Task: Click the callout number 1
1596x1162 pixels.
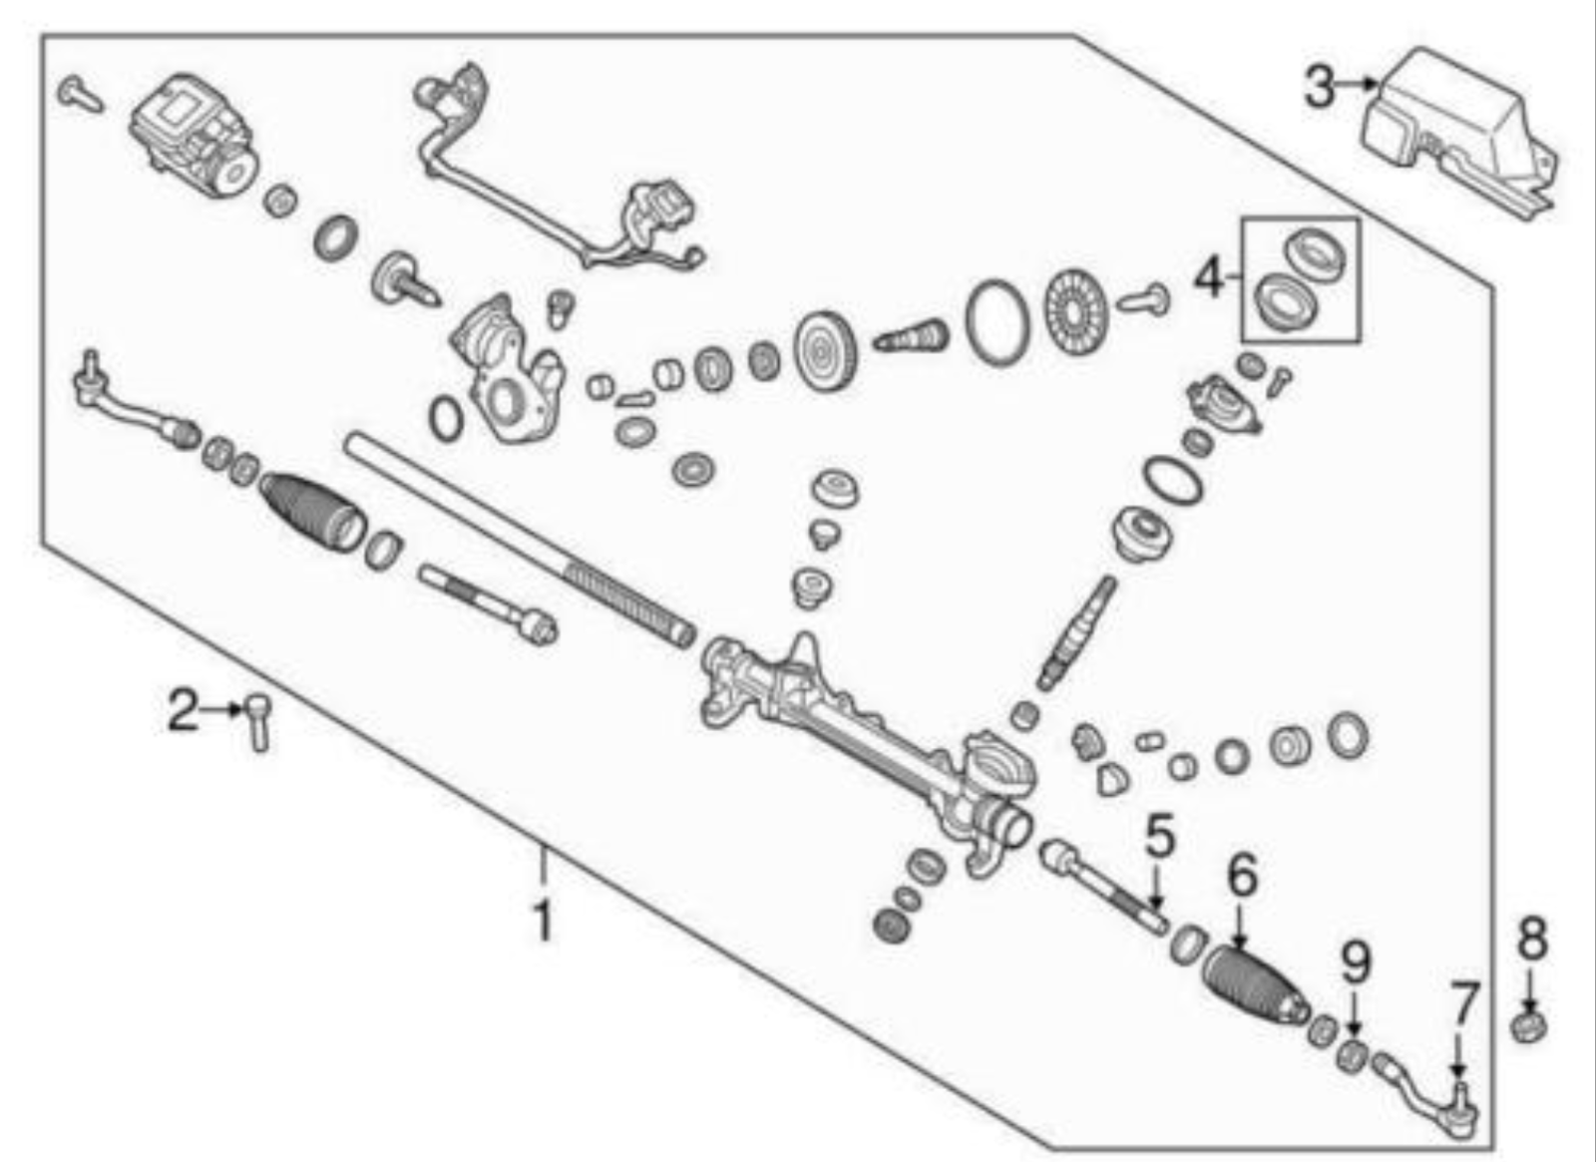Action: pyautogui.click(x=543, y=921)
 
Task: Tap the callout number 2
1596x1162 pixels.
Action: pyautogui.click(x=182, y=712)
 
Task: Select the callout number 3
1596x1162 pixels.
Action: pyautogui.click(x=1319, y=88)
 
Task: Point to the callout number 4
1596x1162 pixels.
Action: pyautogui.click(x=1208, y=277)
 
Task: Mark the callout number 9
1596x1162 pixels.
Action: pyautogui.click(x=1356, y=964)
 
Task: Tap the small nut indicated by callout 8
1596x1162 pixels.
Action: pyautogui.click(x=1529, y=1025)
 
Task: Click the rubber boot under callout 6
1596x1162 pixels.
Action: pyautogui.click(x=1253, y=983)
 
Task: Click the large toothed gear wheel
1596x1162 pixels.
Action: pyautogui.click(x=826, y=353)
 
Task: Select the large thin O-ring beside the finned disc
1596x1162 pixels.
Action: pyautogui.click(x=997, y=321)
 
